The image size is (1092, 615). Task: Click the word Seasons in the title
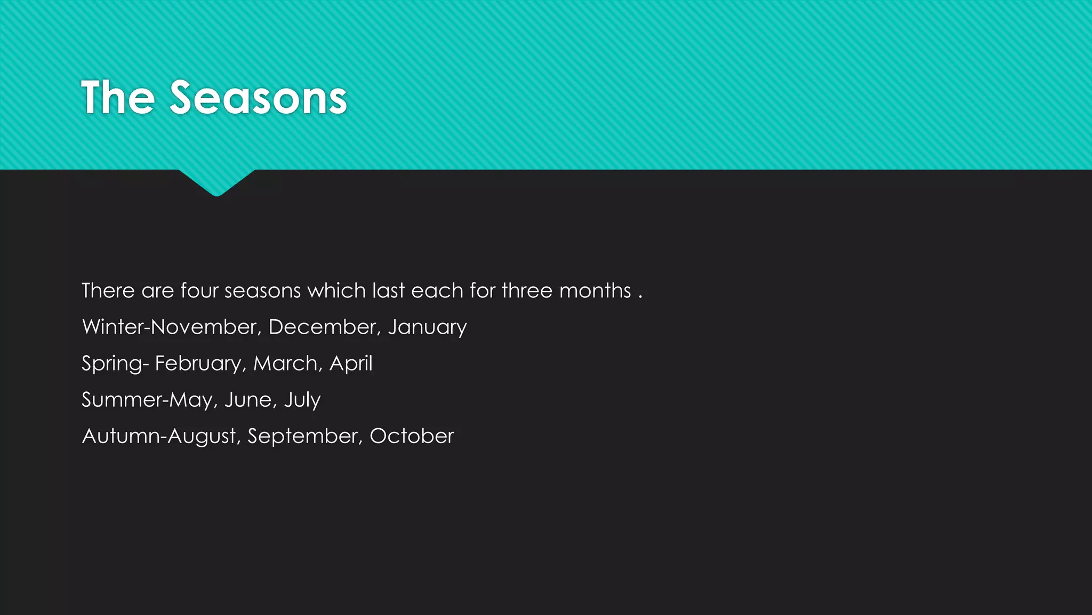pyautogui.click(x=258, y=98)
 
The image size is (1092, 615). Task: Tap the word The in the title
pyautogui.click(x=118, y=98)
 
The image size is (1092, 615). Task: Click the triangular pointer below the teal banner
pyautogui.click(x=216, y=182)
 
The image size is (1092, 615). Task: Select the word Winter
pyautogui.click(x=113, y=327)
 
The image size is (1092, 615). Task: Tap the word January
pyautogui.click(x=427, y=327)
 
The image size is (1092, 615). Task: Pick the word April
pyautogui.click(x=351, y=364)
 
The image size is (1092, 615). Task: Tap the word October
pyautogui.click(x=412, y=436)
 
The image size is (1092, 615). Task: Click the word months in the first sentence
pyautogui.click(x=595, y=290)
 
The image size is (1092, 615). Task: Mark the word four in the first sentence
pyautogui.click(x=199, y=290)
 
